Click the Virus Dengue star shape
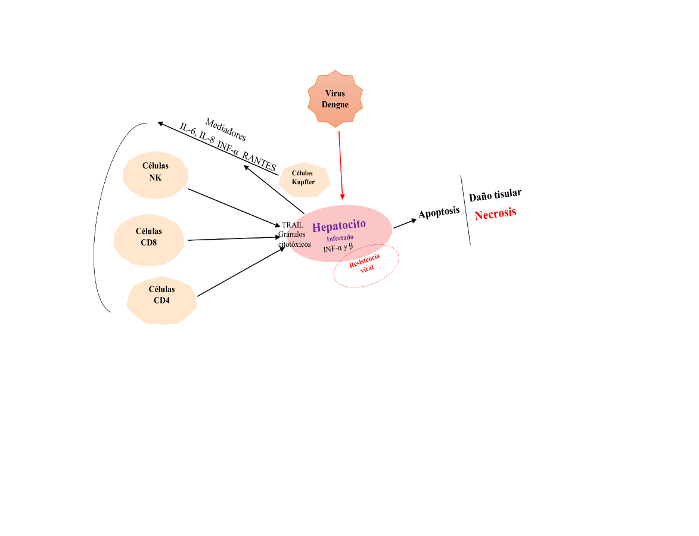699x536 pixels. pyautogui.click(x=335, y=99)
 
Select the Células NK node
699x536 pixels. pyautogui.click(x=156, y=173)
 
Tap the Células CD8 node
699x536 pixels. pyautogui.click(x=149, y=237)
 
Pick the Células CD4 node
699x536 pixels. pyautogui.click(x=161, y=295)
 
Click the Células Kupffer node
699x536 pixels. pyautogui.click(x=304, y=178)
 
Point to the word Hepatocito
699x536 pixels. pyautogui.click(x=339, y=226)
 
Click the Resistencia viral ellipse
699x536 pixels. pyautogui.click(x=366, y=265)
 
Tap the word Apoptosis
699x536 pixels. pyautogui.click(x=439, y=212)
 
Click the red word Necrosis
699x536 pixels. pyautogui.click(x=495, y=213)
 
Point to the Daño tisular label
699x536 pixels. pyautogui.click(x=495, y=194)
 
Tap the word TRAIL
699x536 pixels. pyautogui.click(x=293, y=225)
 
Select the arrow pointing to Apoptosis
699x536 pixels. pyautogui.click(x=405, y=222)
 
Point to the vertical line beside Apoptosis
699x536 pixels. pyautogui.click(x=465, y=210)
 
